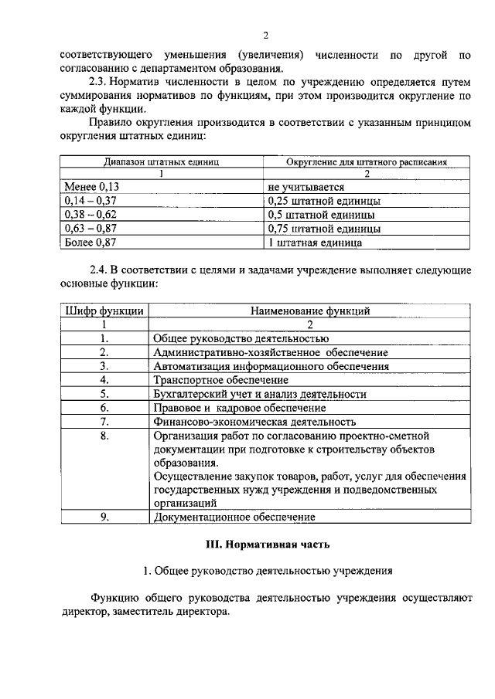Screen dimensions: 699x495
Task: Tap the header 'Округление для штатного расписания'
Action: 367,163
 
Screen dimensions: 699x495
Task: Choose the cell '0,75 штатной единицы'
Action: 323,229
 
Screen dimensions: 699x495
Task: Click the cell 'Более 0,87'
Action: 90,243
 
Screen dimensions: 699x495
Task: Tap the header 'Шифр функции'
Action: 104,311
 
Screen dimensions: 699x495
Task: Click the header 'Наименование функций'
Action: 310,311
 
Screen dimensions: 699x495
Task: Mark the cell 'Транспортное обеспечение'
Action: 221,380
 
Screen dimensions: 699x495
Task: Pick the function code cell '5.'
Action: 104,394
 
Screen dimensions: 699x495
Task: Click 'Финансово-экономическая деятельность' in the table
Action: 254,422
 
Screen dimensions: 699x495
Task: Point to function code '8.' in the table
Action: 104,436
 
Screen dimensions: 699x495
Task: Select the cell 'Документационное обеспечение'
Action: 234,517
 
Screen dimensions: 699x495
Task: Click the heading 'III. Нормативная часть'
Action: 267,544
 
